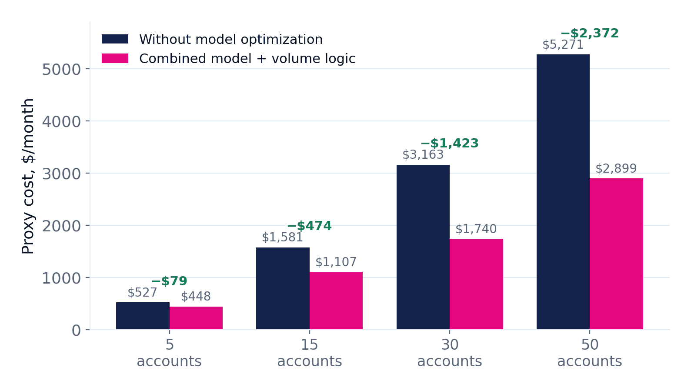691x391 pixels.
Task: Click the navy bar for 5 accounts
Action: click(143, 316)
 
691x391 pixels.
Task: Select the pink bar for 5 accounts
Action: click(196, 318)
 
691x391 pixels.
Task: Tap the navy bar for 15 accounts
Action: click(283, 288)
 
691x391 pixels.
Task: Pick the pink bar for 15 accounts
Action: click(336, 301)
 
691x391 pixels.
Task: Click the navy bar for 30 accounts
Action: click(423, 247)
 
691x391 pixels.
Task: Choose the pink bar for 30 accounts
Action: click(476, 284)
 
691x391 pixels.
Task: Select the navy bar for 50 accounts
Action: click(563, 192)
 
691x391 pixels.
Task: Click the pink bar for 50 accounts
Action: click(616, 254)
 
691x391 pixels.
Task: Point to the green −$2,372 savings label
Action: click(590, 33)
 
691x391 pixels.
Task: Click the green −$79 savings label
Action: click(169, 281)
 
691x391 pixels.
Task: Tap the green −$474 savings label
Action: click(310, 226)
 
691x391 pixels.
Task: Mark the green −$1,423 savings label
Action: click(450, 143)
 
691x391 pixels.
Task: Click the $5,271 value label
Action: click(563, 45)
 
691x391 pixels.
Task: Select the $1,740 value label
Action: click(476, 229)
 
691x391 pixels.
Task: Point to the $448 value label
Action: click(196, 297)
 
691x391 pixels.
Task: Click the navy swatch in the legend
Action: click(115, 39)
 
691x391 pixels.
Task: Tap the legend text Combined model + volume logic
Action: click(247, 59)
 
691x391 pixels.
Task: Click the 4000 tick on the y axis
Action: click(61, 122)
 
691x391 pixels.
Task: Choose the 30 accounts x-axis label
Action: click(450, 353)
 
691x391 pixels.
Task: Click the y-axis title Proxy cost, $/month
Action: click(28, 176)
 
